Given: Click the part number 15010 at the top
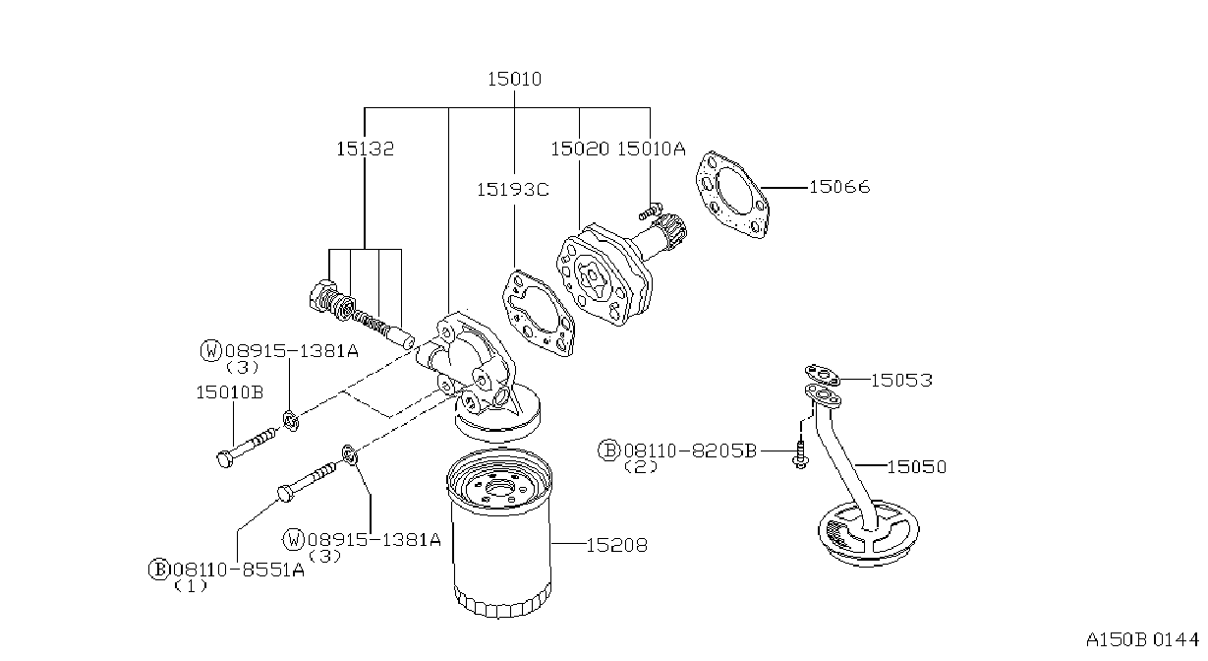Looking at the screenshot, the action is click(x=514, y=80).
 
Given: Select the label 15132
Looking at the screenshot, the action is click(x=365, y=149).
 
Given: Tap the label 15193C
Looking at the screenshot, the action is click(x=512, y=190).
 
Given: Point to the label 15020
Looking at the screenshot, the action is click(x=580, y=149).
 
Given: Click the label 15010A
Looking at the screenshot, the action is click(x=652, y=149).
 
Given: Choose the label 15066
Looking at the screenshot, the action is click(x=839, y=187).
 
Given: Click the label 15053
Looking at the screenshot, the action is click(x=901, y=381).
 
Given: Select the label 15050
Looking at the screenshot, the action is click(x=917, y=467).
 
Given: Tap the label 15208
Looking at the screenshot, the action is click(x=616, y=545).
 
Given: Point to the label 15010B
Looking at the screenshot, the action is click(x=230, y=392).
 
